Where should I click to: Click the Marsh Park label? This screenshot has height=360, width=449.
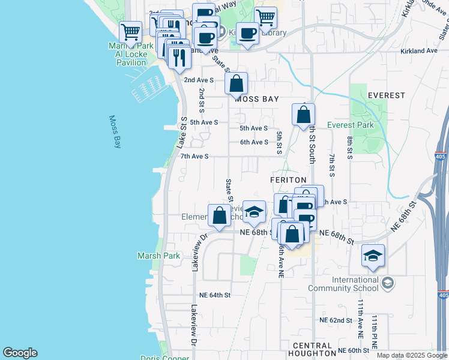tap(158, 256)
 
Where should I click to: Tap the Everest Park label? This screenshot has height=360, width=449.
tap(351, 125)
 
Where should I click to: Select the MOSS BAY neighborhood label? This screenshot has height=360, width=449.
tap(256, 99)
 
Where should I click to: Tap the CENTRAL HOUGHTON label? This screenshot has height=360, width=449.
tap(312, 350)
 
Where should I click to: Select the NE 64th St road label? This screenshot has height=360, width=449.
tap(215, 295)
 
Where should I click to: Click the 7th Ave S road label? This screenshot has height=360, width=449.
tap(194, 157)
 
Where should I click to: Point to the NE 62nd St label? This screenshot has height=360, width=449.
tap(336, 320)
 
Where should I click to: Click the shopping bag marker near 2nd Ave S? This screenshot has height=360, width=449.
tap(237, 83)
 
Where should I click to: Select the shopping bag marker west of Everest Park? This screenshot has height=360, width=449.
tap(304, 114)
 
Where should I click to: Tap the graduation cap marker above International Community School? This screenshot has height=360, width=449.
tap(373, 256)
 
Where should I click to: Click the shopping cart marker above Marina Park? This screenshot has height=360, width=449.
tap(130, 31)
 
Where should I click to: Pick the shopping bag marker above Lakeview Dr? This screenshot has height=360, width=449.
tap(219, 215)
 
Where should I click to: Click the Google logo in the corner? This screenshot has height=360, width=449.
tap(20, 353)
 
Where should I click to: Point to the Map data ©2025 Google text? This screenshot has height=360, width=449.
tap(412, 355)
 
